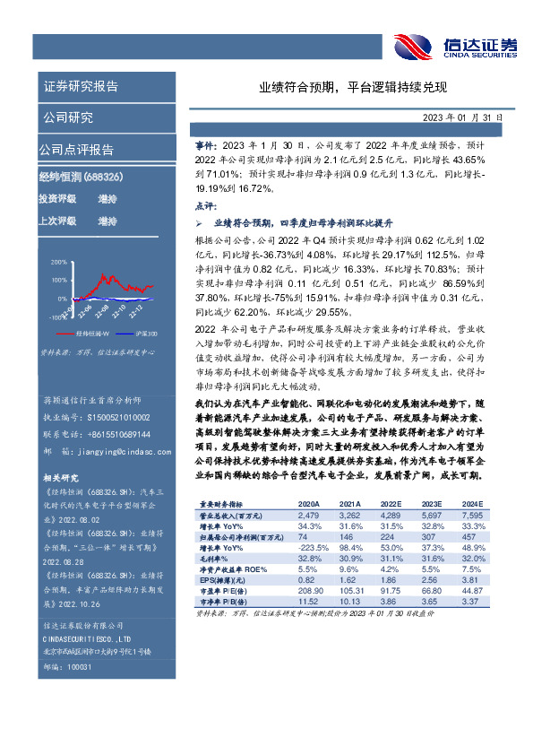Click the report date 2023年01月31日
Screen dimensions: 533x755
(x=463, y=117)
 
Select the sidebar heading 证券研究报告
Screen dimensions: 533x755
(x=81, y=87)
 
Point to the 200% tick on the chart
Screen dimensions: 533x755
(x=58, y=262)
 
